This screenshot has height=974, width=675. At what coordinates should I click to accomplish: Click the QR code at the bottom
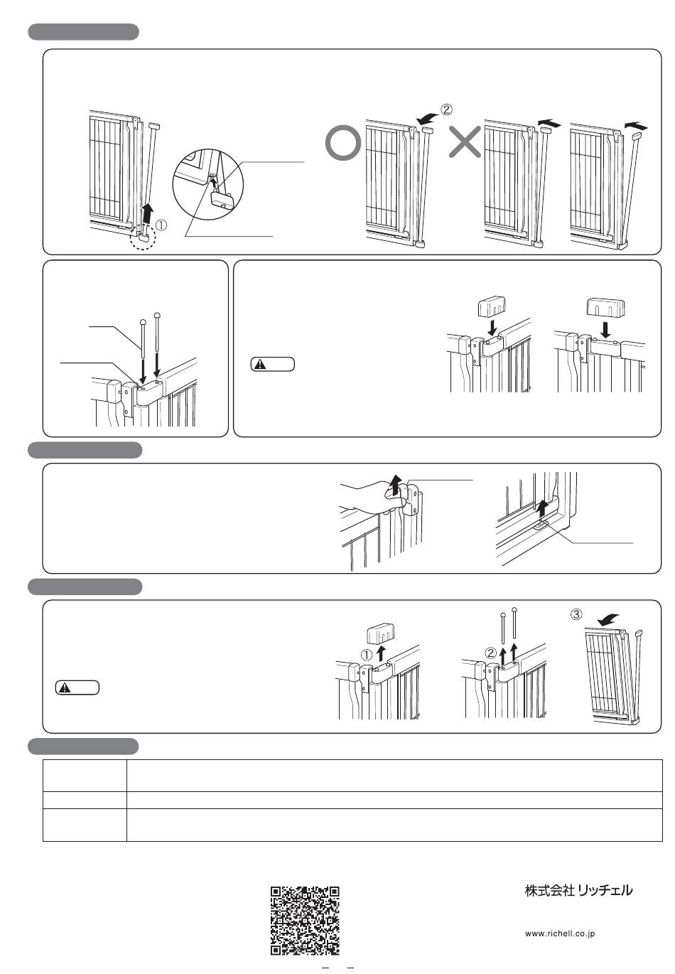(305, 920)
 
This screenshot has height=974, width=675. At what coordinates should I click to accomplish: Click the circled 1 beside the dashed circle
(162, 225)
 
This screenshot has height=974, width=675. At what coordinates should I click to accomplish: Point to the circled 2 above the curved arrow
(446, 109)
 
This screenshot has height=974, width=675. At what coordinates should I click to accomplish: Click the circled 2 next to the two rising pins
(490, 652)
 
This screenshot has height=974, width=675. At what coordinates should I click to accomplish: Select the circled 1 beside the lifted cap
(366, 654)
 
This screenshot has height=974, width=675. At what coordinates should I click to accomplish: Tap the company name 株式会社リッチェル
(578, 890)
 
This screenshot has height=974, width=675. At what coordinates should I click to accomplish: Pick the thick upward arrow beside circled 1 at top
(148, 210)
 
